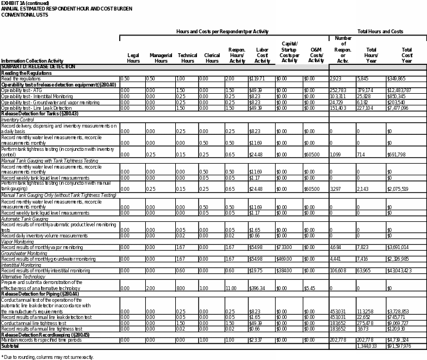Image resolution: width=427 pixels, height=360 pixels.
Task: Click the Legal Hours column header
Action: pos(133,58)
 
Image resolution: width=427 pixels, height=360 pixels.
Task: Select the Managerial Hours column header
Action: pos(161,58)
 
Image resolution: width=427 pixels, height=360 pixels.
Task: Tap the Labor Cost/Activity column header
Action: pos(262,55)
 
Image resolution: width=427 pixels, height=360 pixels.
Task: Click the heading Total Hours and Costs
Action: pos(380,32)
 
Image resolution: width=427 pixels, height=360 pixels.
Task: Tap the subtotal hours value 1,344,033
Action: pos(367,346)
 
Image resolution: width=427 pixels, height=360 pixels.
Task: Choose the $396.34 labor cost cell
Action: pos(257,288)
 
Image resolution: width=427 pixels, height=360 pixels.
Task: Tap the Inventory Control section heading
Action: pos(18,120)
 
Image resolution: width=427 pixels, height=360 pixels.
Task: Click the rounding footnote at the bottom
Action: pos(48,357)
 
